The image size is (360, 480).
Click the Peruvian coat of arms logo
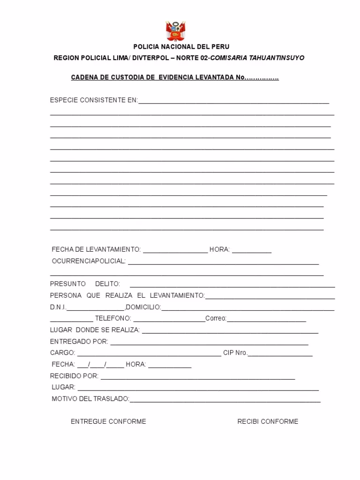pos(176,31)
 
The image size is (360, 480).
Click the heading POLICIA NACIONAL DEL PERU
pos(181,47)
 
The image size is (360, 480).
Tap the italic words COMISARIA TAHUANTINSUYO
pos(257,58)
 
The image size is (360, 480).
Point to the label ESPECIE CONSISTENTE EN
pos(94,100)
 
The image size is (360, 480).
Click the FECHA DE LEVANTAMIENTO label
pos(96,249)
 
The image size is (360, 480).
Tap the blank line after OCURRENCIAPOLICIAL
pos(223,262)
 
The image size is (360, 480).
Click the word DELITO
pos(107,284)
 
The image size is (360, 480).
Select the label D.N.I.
pos(58,307)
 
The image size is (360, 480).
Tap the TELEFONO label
pos(113,318)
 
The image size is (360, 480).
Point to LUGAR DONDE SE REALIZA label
pos(95,330)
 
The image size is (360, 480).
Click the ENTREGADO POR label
pos(79,341)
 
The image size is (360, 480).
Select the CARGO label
pos(62,352)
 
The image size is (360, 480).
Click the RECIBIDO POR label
pos(74,375)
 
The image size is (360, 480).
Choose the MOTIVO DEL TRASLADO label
pos(90,398)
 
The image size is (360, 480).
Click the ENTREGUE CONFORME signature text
pos(108,421)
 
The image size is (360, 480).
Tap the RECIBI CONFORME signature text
pos(268,421)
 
